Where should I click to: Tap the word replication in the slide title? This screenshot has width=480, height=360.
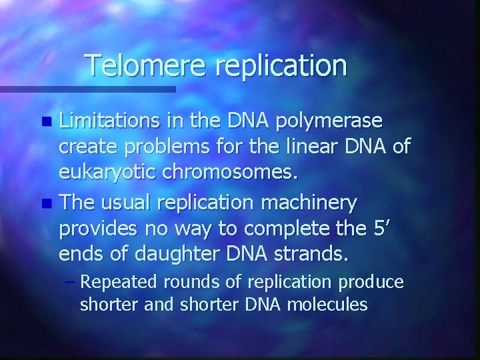(x=282, y=65)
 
